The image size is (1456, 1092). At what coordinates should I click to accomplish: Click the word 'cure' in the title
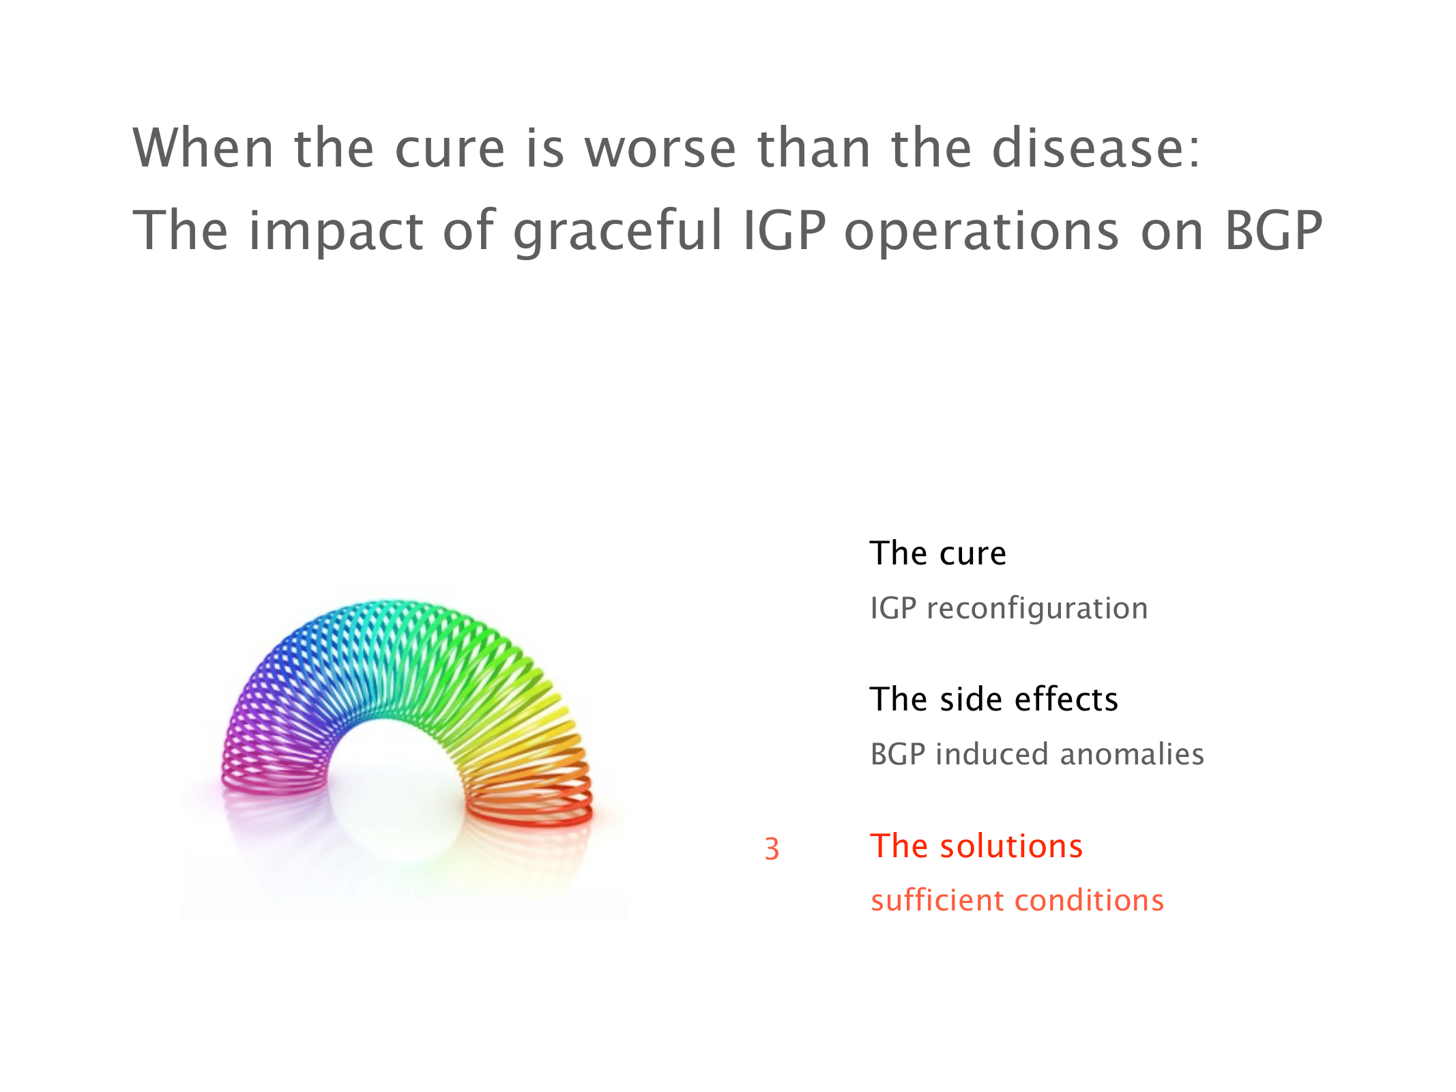click(x=450, y=149)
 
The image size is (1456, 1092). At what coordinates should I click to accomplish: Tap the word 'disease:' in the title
click(x=1096, y=147)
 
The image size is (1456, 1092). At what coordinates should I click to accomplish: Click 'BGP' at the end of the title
click(x=1274, y=231)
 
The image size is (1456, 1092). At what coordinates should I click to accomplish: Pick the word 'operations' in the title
click(x=982, y=232)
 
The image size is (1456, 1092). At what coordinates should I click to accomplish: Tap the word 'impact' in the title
click(x=336, y=232)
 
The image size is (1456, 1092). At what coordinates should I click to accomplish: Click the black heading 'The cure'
click(x=937, y=553)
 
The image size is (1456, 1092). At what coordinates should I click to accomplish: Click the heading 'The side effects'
click(x=994, y=699)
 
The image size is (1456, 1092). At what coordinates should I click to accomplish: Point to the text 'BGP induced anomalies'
click(x=1037, y=754)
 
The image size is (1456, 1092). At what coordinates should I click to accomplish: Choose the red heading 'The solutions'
click(x=976, y=846)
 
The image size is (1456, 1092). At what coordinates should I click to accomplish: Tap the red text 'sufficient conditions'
click(x=1017, y=900)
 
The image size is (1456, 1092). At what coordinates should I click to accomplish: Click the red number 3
click(x=772, y=849)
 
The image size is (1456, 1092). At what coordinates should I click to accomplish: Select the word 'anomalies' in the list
click(x=1132, y=754)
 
